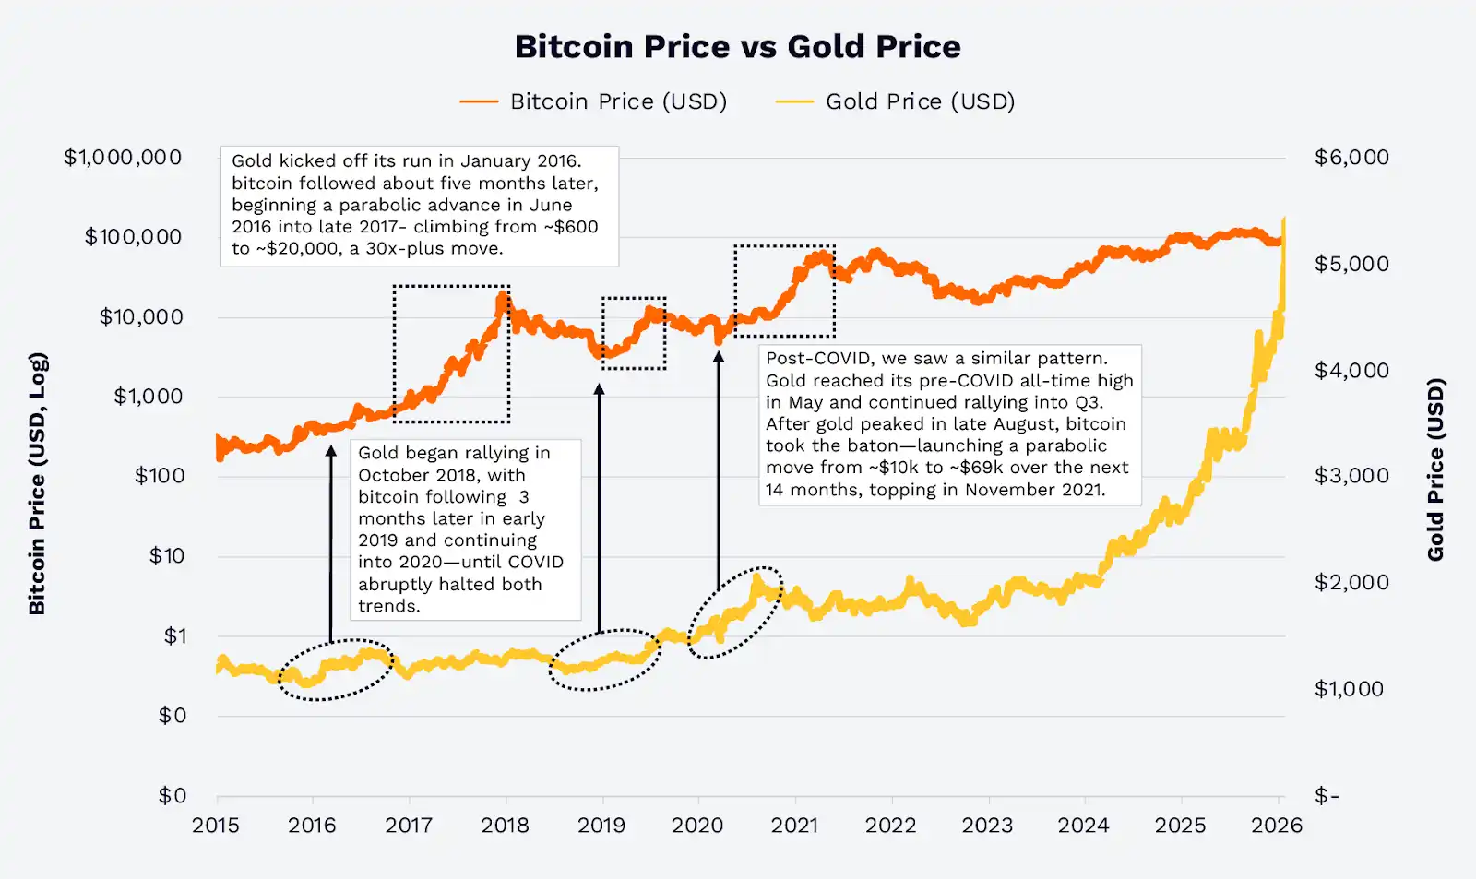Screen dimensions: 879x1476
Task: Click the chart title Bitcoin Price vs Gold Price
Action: click(737, 47)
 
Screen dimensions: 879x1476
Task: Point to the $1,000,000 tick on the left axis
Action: click(123, 158)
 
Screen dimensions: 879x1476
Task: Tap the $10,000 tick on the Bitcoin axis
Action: click(141, 317)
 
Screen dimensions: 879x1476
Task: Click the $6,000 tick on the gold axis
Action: click(1351, 158)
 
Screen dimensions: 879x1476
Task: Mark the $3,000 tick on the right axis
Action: click(1351, 476)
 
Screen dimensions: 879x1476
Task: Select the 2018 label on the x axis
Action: click(505, 826)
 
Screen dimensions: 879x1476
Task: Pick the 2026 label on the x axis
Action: click(1276, 826)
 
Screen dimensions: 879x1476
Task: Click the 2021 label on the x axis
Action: click(794, 826)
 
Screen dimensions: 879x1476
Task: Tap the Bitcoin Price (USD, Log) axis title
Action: click(37, 484)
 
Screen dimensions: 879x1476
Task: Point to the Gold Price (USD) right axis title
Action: click(1435, 470)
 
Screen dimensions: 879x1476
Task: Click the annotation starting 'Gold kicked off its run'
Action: click(419, 206)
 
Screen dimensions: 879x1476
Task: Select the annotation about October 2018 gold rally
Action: click(465, 529)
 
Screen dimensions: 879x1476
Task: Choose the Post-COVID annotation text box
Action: click(949, 424)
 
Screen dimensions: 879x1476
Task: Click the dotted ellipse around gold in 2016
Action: click(336, 670)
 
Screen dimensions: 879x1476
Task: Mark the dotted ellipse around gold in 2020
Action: click(735, 612)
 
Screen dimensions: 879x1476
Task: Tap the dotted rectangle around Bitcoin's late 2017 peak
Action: click(451, 354)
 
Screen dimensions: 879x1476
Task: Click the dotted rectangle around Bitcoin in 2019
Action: click(634, 333)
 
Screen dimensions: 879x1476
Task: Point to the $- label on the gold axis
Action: click(1327, 796)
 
